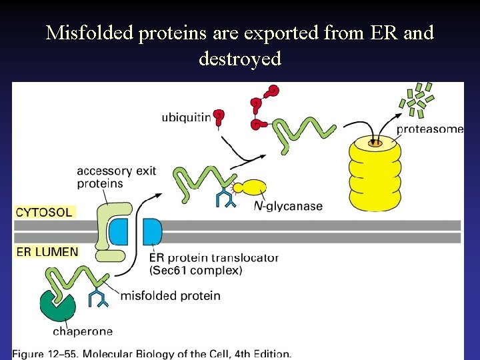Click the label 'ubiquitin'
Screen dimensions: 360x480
click(x=186, y=118)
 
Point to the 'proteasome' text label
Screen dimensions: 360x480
click(x=430, y=129)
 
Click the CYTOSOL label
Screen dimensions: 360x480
click(x=44, y=213)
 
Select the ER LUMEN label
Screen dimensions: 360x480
click(x=47, y=252)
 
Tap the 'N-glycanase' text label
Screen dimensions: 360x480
click(x=288, y=206)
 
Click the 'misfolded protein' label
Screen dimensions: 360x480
click(x=170, y=295)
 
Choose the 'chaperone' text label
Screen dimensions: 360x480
click(x=83, y=331)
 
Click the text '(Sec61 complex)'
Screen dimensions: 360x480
click(x=196, y=270)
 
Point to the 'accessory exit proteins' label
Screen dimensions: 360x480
click(x=117, y=177)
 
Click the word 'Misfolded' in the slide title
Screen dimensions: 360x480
click(x=90, y=33)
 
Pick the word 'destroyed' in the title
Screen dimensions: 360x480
click(x=240, y=59)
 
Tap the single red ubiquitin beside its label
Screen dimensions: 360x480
click(x=219, y=117)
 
